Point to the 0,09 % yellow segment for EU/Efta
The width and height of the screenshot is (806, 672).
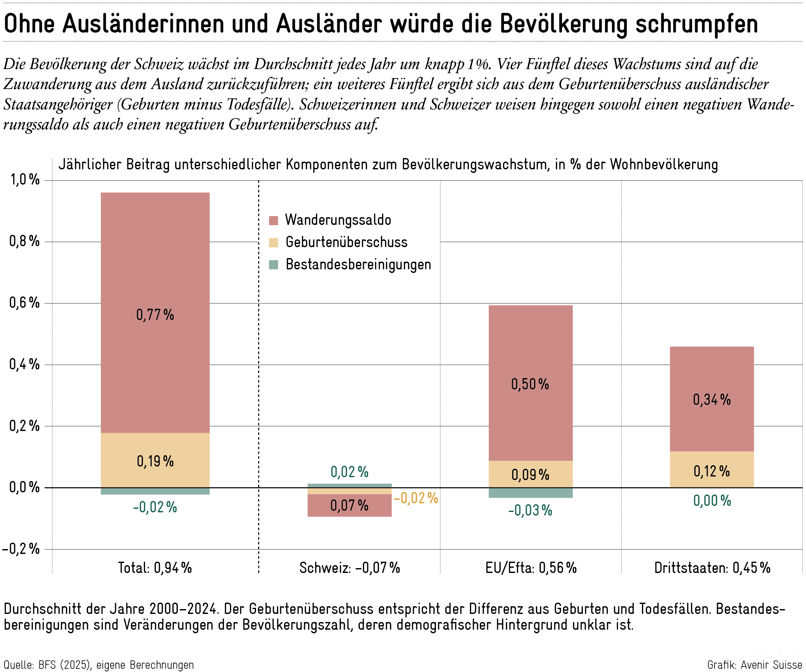(x=530, y=474)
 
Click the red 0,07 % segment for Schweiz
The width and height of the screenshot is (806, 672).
(x=349, y=505)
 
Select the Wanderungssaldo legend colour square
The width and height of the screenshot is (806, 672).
(x=273, y=220)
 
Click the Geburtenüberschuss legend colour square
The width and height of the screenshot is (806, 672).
(x=273, y=243)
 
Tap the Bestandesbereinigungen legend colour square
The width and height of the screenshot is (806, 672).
(x=273, y=265)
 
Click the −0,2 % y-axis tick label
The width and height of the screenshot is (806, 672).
(x=21, y=549)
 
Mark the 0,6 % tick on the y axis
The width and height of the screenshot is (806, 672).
(x=25, y=303)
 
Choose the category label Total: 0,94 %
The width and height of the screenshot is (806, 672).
(x=155, y=568)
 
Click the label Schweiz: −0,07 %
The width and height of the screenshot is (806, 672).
(x=349, y=568)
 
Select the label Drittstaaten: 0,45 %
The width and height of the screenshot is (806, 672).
(x=712, y=568)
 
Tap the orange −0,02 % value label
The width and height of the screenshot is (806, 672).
(x=416, y=498)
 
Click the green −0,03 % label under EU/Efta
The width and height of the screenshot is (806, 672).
(x=530, y=511)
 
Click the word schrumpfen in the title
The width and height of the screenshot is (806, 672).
(x=697, y=24)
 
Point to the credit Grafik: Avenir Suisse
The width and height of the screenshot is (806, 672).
(x=754, y=665)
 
